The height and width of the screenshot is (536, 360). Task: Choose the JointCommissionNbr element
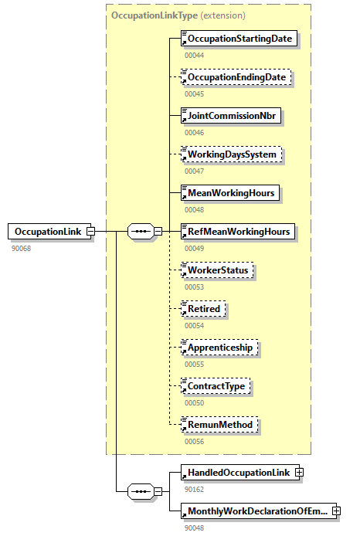229,116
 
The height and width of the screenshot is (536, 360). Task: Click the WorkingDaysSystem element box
231,154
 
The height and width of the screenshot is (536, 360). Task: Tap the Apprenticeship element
219,348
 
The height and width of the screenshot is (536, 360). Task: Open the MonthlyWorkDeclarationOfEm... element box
254,511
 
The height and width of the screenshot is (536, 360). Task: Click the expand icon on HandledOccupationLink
299,473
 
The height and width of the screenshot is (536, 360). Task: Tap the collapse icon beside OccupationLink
90,231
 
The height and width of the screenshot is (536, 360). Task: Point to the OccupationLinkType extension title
178,15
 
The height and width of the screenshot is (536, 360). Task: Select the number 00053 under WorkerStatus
194,287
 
